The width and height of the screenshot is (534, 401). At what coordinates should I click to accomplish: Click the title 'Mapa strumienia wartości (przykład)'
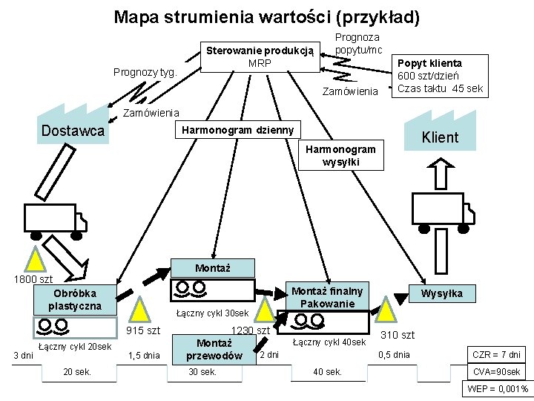point(267,16)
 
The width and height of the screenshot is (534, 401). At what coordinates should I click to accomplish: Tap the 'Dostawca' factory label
point(73,132)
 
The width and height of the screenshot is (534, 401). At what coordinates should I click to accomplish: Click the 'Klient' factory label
point(440,137)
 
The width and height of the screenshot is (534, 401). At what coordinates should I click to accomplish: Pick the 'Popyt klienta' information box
point(440,76)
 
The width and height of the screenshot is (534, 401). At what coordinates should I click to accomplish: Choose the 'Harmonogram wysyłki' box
point(342,155)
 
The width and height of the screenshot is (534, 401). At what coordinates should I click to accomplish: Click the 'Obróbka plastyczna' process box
point(75,299)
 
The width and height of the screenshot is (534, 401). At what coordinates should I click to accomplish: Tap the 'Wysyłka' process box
point(442,293)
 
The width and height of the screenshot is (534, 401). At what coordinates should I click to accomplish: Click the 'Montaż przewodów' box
point(215,349)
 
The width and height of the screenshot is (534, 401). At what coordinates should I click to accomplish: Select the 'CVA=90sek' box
point(496,372)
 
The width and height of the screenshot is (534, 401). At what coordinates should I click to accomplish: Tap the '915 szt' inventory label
point(144,330)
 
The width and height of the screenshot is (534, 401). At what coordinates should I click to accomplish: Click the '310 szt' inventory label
point(398,336)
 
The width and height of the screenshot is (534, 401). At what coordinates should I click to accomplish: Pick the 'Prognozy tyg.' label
point(144,72)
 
